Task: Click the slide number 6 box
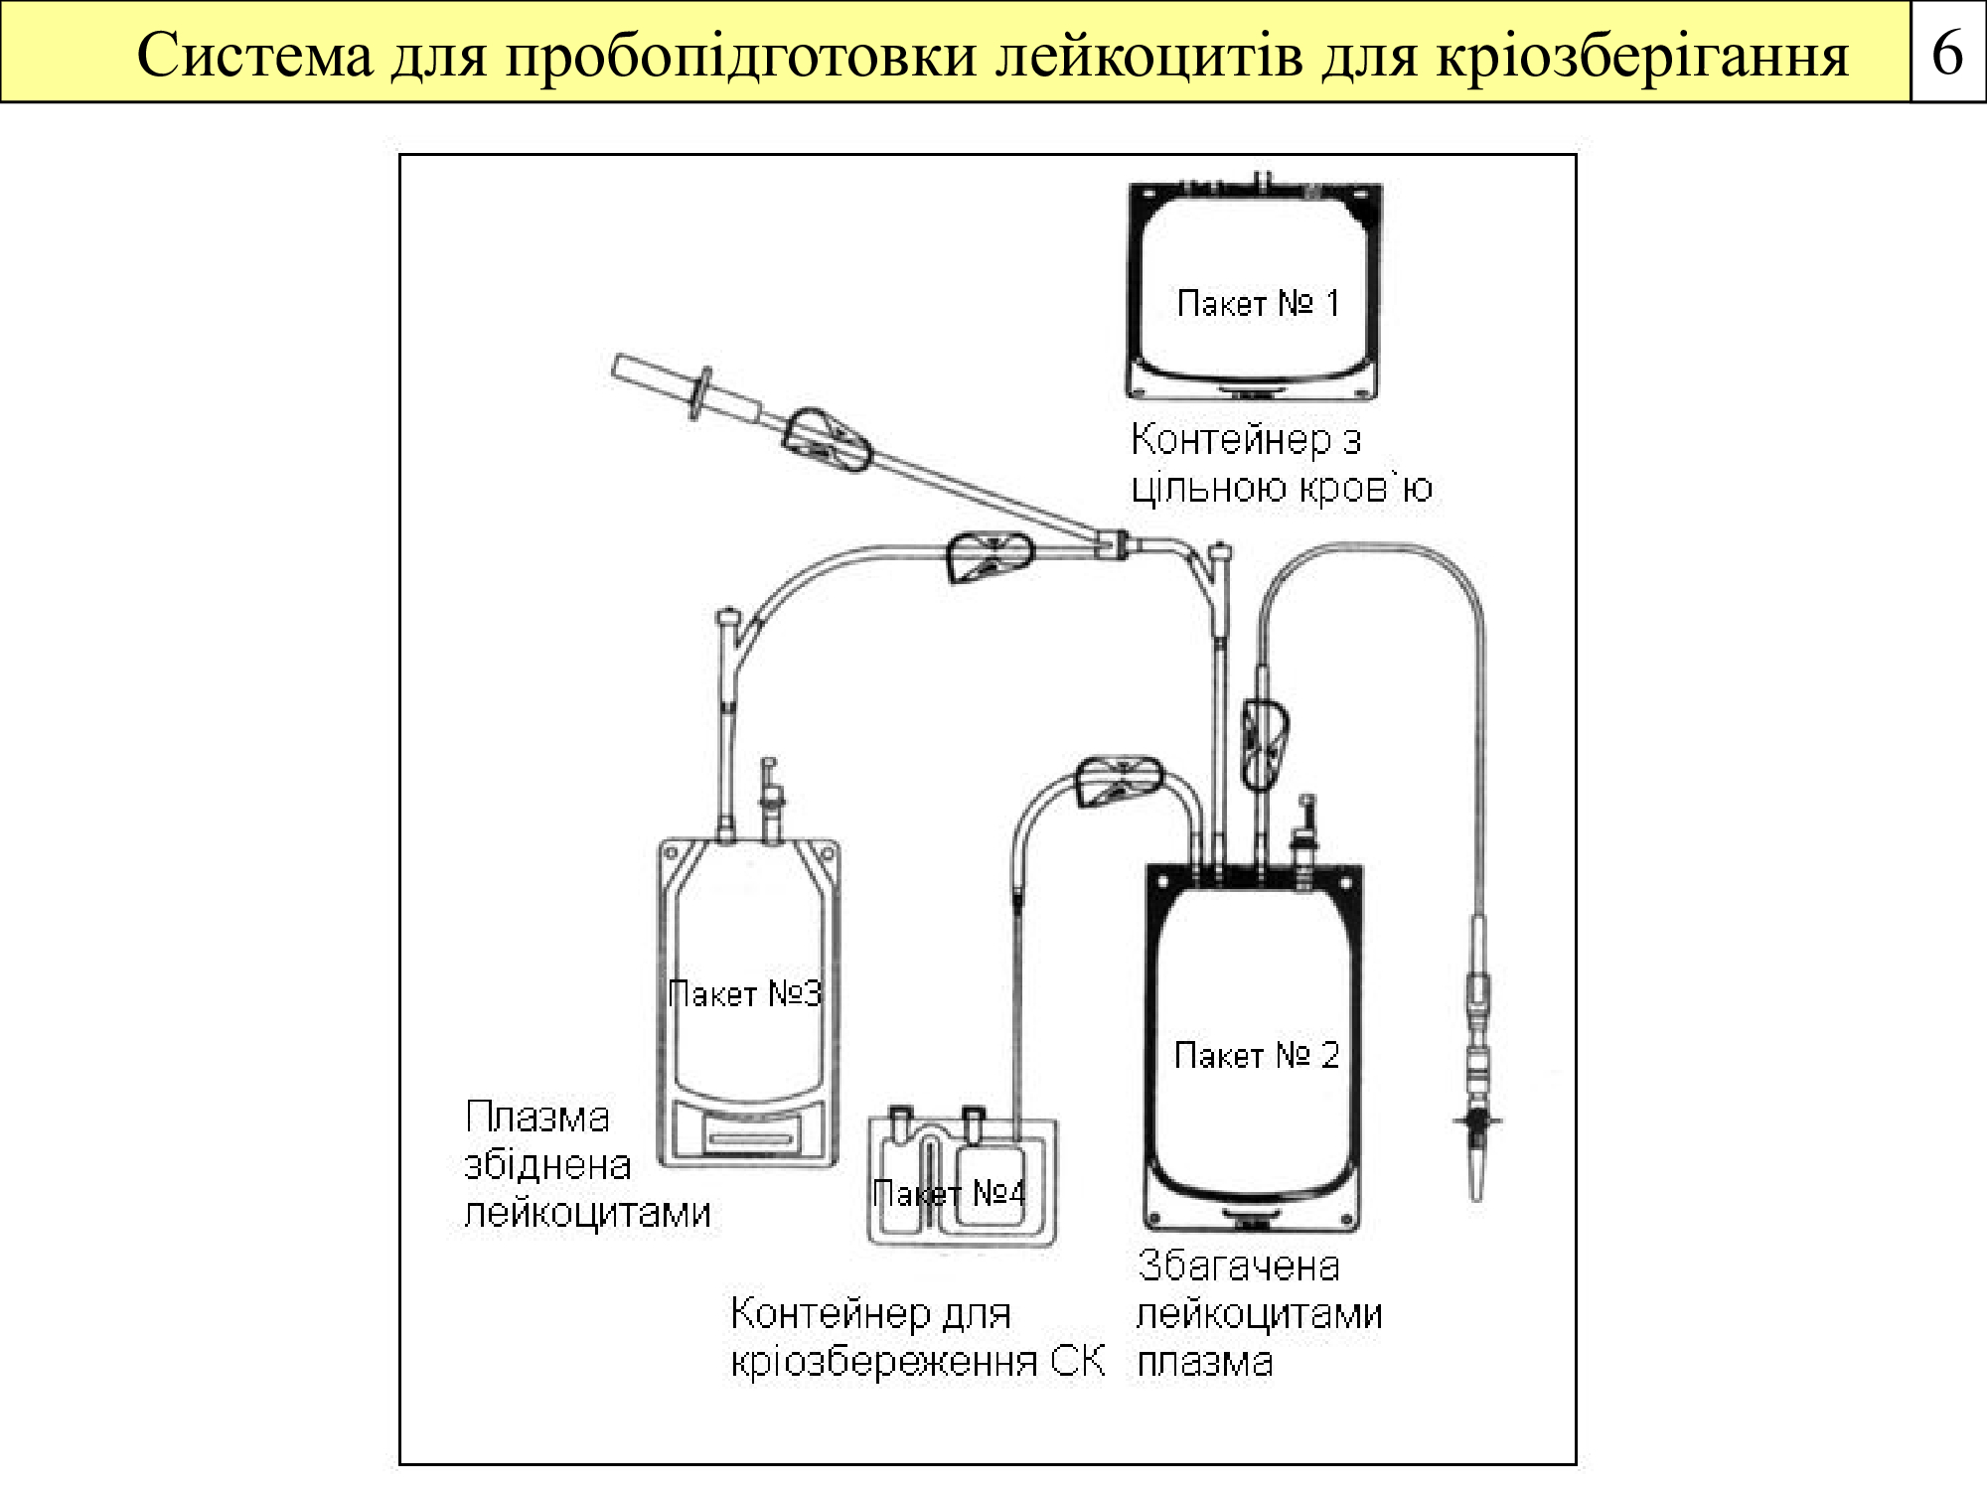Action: [x=1947, y=52]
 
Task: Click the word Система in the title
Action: [x=254, y=55]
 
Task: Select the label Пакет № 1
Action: [x=1258, y=303]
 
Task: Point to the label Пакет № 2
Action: [x=1257, y=1054]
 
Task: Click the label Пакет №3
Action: [x=745, y=993]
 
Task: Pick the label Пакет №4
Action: [x=949, y=1192]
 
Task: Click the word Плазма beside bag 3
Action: [x=536, y=1118]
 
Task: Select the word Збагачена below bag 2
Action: [x=1238, y=1266]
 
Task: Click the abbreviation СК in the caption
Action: [x=1078, y=1361]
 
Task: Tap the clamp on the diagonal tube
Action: [x=827, y=441]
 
